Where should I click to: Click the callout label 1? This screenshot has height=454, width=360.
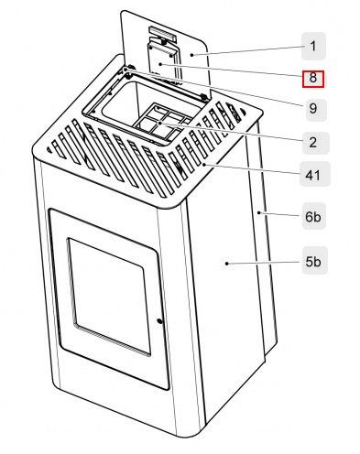click(312, 44)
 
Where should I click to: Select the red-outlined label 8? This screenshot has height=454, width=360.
click(312, 77)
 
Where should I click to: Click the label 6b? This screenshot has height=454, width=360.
click(312, 217)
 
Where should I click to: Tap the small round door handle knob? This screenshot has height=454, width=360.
click(159, 321)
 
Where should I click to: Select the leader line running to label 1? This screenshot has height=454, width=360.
click(247, 49)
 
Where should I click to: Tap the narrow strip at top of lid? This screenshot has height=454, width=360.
click(161, 35)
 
